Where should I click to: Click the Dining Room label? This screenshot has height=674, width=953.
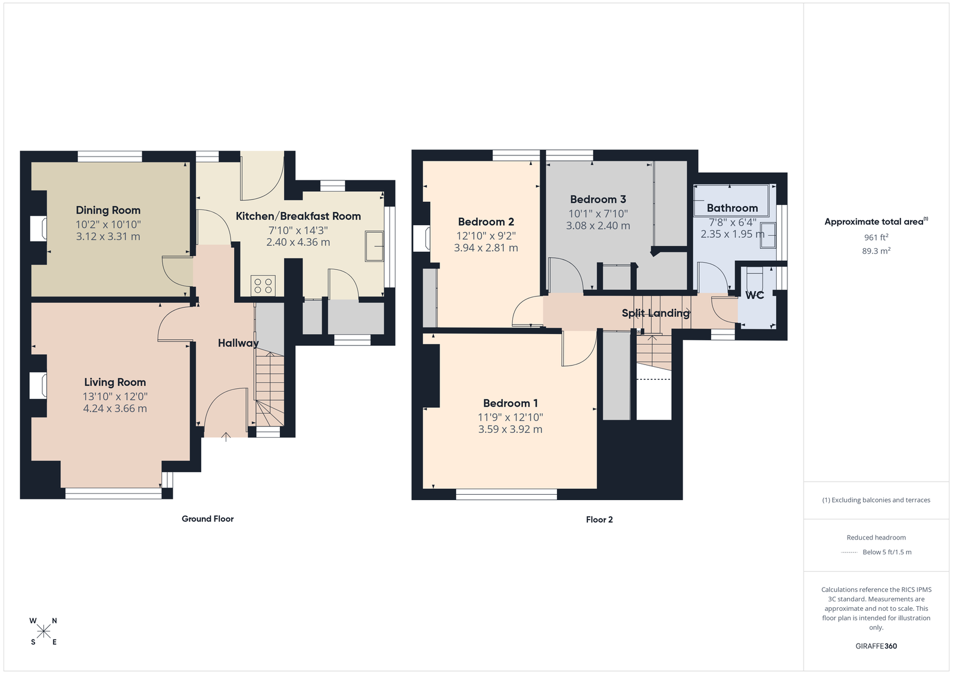(108, 210)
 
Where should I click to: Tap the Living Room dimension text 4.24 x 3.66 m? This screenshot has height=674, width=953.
(115, 408)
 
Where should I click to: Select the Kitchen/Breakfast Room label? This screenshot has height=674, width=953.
(298, 216)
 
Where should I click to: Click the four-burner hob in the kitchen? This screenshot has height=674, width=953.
(263, 285)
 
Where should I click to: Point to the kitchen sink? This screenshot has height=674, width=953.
(374, 246)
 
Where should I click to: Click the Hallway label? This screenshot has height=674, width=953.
(238, 343)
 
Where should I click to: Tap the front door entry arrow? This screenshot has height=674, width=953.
(226, 436)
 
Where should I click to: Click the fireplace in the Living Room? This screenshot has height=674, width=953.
(38, 386)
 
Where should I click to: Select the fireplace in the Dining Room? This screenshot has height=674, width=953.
(38, 229)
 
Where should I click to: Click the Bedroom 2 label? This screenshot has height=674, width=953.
(486, 221)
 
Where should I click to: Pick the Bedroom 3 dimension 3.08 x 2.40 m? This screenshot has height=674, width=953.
(598, 226)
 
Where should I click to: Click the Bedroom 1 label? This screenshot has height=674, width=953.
(510, 403)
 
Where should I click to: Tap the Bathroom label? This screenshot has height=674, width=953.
(732, 208)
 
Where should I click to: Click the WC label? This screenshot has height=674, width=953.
(755, 295)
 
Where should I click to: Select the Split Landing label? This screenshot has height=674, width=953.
(656, 313)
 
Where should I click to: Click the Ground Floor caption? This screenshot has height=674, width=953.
(208, 519)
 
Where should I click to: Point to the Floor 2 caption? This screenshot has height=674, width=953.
(599, 520)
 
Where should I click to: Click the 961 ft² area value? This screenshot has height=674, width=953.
(876, 238)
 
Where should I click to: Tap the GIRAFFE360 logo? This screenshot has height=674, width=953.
(876, 646)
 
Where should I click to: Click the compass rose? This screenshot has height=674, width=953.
(43, 632)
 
